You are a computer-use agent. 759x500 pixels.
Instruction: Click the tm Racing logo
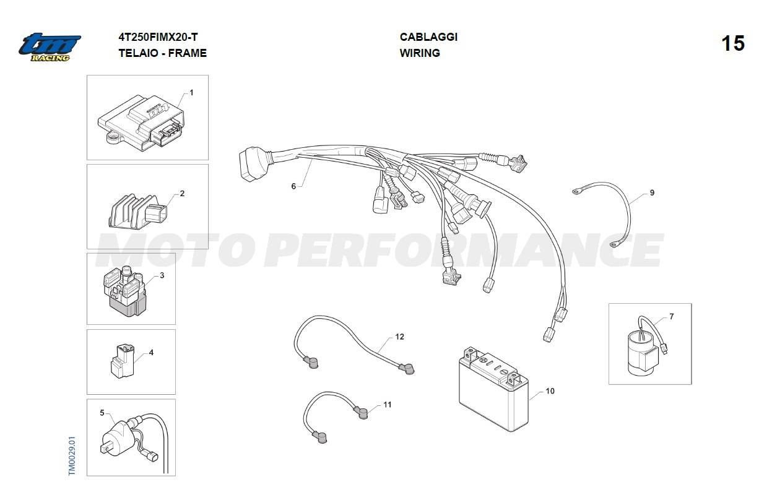[x=50, y=47]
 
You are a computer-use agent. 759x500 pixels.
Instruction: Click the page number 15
[x=733, y=44]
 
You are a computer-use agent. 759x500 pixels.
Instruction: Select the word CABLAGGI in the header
[x=428, y=37]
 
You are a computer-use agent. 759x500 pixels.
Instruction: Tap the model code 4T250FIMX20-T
[x=158, y=37]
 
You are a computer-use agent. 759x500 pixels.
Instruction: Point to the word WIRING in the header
[x=420, y=53]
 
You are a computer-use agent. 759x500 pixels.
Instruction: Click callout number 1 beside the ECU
[x=191, y=92]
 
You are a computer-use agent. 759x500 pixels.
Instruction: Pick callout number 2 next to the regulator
[x=182, y=194]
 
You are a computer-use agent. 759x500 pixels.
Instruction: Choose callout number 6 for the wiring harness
[x=293, y=186]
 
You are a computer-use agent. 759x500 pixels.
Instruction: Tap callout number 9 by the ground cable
[x=652, y=192]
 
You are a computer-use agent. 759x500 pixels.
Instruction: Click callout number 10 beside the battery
[x=550, y=391]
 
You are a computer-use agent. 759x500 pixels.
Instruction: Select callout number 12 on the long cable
[x=400, y=337]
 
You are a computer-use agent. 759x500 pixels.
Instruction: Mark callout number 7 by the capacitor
[x=672, y=316]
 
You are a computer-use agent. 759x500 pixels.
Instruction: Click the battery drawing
[x=493, y=389]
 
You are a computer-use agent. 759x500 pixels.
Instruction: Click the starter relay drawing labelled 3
[x=124, y=291]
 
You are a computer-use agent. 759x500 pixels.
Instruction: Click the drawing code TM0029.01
[x=72, y=456]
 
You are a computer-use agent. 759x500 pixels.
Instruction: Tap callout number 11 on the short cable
[x=388, y=405]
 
